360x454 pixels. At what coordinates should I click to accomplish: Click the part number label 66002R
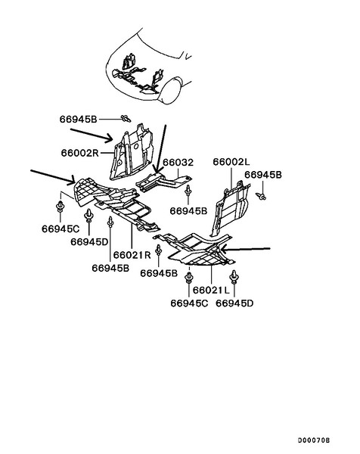pos(80,153)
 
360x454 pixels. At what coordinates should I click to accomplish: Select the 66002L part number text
pos(231,162)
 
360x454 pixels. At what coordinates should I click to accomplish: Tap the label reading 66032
pos(178,163)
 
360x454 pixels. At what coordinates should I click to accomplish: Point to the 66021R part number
pos(132,255)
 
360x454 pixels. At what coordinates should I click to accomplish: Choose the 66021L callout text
pos(211,290)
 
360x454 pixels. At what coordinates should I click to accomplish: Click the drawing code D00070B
pos(314,440)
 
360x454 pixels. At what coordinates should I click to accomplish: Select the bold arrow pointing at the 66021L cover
pos(245,249)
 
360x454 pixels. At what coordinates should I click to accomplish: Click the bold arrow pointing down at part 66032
pos(160,149)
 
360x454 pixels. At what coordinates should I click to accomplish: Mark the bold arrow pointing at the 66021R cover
pos(53,177)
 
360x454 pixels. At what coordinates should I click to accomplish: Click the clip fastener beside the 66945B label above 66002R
pos(126,119)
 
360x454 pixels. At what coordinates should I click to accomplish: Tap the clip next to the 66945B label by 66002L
pos(261,197)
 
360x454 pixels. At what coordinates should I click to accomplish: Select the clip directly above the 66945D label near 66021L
pos(234,278)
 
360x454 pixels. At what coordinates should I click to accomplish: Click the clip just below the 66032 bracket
pos(188,191)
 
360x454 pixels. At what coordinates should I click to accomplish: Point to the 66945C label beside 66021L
pos(189,303)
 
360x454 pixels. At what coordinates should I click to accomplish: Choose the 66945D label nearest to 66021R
pos(89,242)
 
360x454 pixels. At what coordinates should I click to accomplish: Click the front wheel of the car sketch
pos(171,90)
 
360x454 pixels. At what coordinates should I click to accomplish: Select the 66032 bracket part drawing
pos(163,182)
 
